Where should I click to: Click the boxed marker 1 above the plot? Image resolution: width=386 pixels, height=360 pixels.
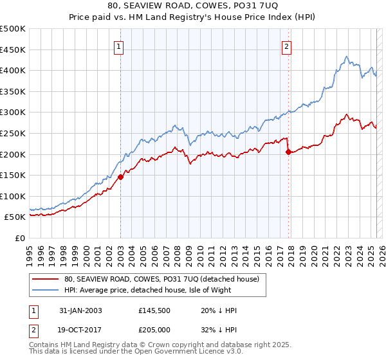point(120,46)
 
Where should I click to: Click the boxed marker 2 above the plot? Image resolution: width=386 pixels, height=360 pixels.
point(286,46)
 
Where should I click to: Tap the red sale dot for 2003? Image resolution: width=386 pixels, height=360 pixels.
point(120,177)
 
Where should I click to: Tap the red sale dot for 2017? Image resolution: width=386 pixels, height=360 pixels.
point(288,152)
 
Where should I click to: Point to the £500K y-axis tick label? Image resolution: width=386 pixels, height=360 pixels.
point(13,29)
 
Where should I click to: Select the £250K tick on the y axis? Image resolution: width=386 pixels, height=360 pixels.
point(13,133)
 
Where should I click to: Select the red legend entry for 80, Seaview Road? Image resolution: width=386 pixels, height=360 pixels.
point(161,279)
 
